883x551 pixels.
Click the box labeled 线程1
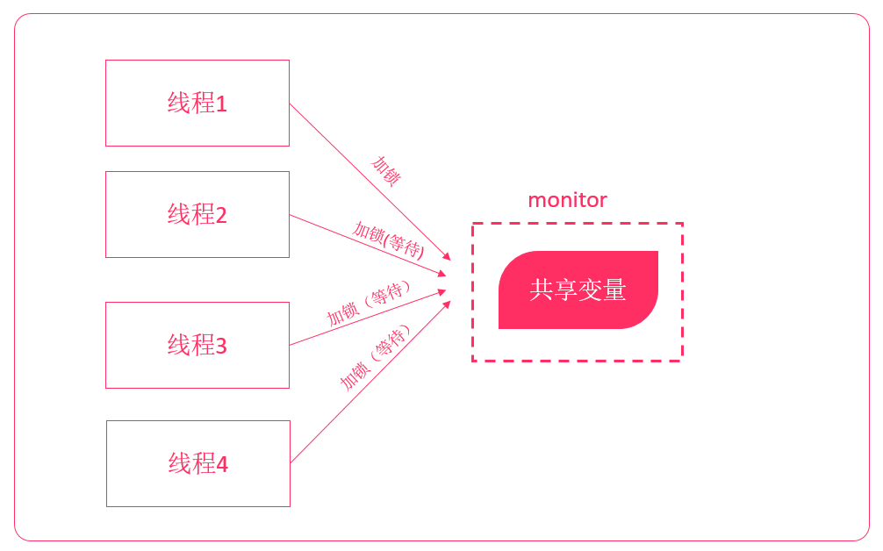[x=197, y=103]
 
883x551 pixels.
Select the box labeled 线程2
[x=197, y=214]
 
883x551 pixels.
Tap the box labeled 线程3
[x=197, y=345]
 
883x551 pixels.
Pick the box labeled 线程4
[x=197, y=463]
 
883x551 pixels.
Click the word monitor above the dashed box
[x=567, y=200]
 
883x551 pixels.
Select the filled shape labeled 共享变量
[x=578, y=290]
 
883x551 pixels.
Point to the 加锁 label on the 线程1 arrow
[x=386, y=171]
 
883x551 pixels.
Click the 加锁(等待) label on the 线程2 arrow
[x=388, y=239]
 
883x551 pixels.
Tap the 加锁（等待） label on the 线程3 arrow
[x=369, y=304]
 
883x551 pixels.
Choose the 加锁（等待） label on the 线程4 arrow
[x=376, y=358]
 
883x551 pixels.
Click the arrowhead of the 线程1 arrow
[x=447, y=257]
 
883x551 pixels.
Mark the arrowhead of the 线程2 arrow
[x=443, y=274]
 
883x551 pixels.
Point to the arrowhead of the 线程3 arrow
[x=443, y=292]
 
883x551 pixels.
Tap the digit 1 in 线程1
[x=221, y=104]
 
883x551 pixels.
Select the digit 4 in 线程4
[x=222, y=464]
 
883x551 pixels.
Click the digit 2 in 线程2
[x=221, y=215]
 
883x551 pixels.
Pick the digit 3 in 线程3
[x=221, y=347]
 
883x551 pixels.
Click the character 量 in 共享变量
[x=614, y=290]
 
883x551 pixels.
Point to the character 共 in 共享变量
[x=541, y=290]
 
